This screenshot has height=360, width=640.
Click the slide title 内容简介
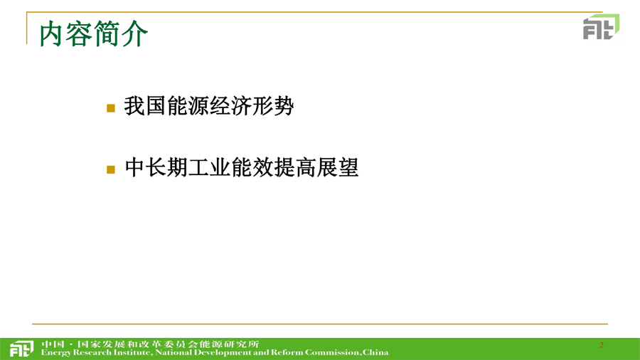click(x=93, y=34)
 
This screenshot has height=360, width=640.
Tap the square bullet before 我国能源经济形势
click(x=111, y=107)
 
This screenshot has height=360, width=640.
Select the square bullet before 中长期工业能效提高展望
click(x=111, y=169)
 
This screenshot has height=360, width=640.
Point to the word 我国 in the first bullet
click(x=145, y=106)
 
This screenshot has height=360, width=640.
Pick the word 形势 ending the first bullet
click(x=273, y=106)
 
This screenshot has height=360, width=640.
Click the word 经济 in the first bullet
click(x=230, y=106)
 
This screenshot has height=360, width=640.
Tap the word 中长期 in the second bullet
click(x=156, y=167)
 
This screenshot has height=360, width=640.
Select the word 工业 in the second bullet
click(x=210, y=167)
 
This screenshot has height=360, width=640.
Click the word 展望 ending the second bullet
click(x=338, y=167)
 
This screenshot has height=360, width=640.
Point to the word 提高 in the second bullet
click(x=295, y=167)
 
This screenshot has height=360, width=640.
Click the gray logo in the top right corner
click(x=601, y=26)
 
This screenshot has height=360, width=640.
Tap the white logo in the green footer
click(x=21, y=349)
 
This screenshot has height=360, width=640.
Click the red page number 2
click(x=601, y=345)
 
